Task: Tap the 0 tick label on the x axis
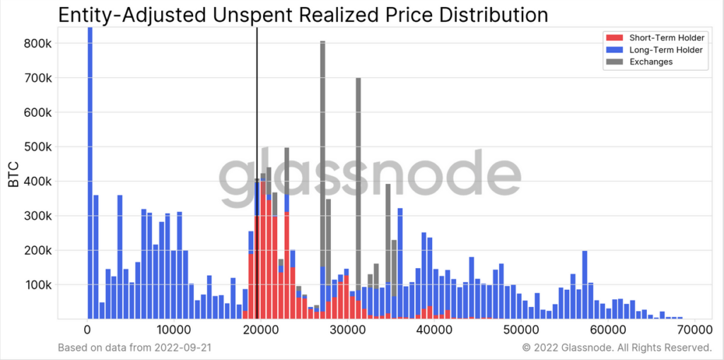(88, 330)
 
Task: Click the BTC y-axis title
(13, 173)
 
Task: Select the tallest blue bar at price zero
(90, 177)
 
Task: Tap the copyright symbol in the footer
(525, 348)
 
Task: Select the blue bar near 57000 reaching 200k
(585, 283)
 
